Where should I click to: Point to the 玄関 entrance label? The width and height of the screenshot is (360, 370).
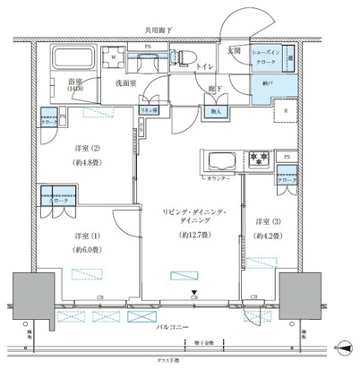pos(236,51)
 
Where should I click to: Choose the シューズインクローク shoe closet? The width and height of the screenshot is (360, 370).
pos(270,56)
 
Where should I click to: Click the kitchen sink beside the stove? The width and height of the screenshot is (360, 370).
pos(220,162)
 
